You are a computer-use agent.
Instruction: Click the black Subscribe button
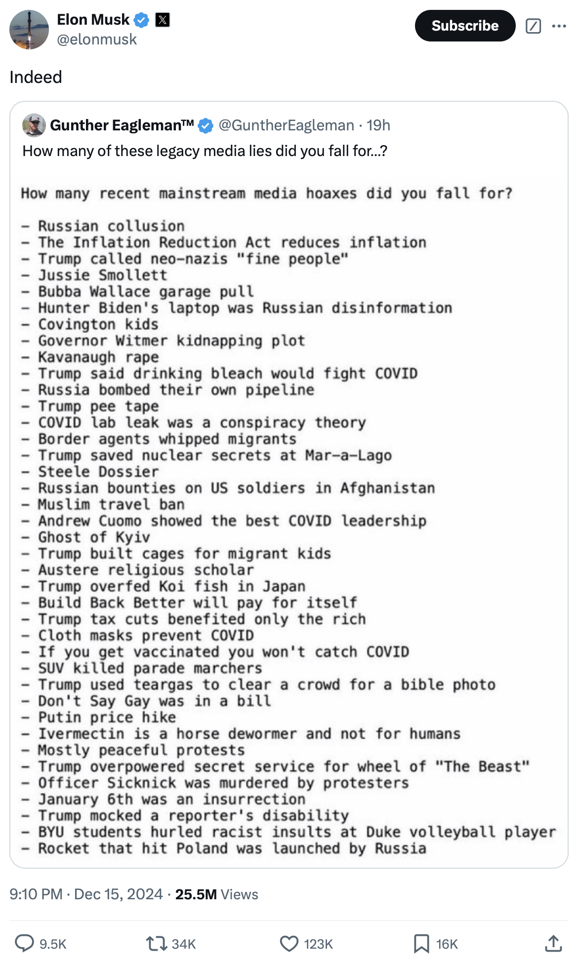click(465, 26)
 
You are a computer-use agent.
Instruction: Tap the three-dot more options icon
click(559, 26)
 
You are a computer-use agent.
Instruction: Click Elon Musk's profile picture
click(29, 30)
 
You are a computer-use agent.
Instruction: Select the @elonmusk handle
click(97, 40)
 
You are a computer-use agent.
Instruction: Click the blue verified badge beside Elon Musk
click(142, 20)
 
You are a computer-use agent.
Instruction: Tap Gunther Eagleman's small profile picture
click(34, 125)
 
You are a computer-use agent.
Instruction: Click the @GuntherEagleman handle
click(286, 125)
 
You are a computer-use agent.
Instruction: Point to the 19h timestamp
click(378, 125)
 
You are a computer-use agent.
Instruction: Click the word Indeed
click(36, 77)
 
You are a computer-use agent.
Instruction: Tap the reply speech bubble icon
click(24, 943)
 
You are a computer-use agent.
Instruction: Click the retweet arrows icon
click(157, 944)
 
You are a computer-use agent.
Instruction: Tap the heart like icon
click(289, 944)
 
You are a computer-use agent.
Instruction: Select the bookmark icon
click(421, 944)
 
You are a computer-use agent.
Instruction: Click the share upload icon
click(553, 943)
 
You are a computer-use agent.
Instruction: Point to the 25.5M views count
click(196, 894)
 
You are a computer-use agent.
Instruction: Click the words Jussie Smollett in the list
click(103, 275)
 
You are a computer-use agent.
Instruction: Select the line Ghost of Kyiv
click(94, 537)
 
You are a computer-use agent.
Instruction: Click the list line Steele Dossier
click(98, 472)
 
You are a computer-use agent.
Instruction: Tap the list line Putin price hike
click(107, 717)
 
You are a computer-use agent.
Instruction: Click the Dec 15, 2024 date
click(118, 894)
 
